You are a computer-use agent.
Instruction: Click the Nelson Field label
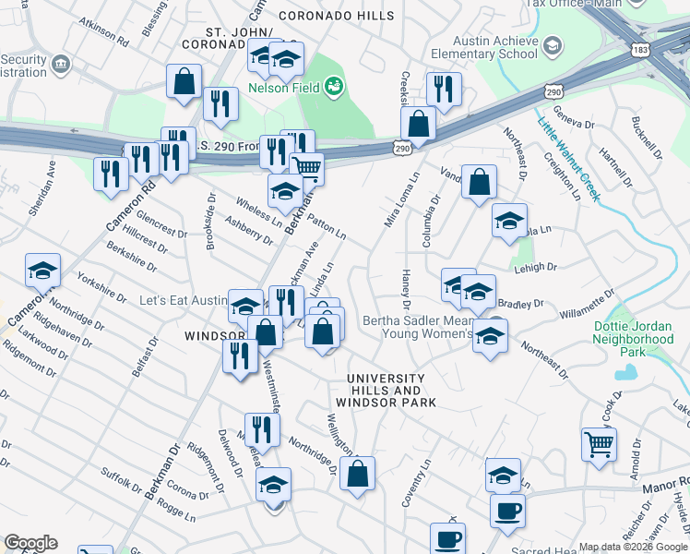point(283,88)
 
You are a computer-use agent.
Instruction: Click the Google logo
point(31,543)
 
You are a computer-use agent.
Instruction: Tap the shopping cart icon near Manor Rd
point(599,444)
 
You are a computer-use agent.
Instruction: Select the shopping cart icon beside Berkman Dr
point(306,168)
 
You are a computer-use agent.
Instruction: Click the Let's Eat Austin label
point(182,301)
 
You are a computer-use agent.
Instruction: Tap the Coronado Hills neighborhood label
point(336,16)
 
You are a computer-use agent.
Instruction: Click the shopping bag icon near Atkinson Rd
point(184,81)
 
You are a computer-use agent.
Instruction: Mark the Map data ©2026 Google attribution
point(633,547)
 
